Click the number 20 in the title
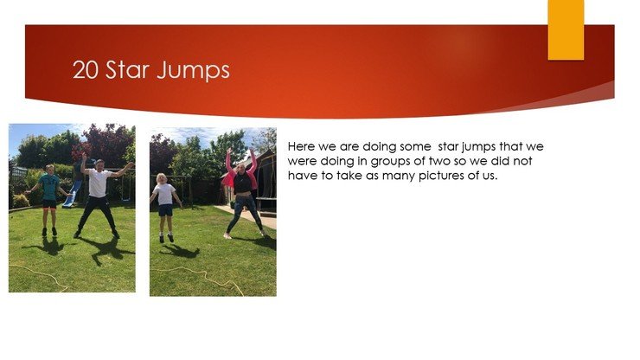pyautogui.click(x=86, y=70)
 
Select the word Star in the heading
pyautogui.click(x=127, y=69)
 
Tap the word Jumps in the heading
pyautogui.click(x=193, y=71)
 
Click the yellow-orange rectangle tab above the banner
pyautogui.click(x=566, y=29)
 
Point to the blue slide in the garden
pyautogui.click(x=71, y=194)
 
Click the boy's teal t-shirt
pyautogui.click(x=49, y=187)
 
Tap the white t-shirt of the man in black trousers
pyautogui.click(x=99, y=183)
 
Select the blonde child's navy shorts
pyautogui.click(x=165, y=210)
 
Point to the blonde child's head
pyautogui.click(x=162, y=178)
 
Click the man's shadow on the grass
pyautogui.click(x=107, y=249)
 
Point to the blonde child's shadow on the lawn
pyautogui.click(x=181, y=250)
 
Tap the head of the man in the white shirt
pyautogui.click(x=99, y=164)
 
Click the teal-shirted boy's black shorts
pyautogui.click(x=49, y=204)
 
